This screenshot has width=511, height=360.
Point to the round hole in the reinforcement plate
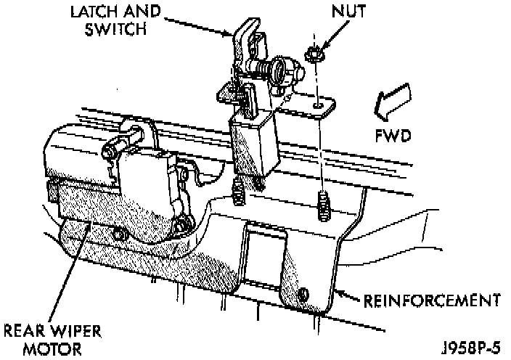(304, 294)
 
